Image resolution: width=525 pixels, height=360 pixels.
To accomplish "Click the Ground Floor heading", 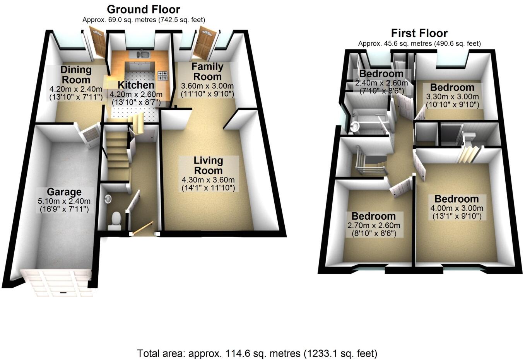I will pyautogui.click(x=144, y=9).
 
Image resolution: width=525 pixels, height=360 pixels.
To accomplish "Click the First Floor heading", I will pyautogui.click(x=419, y=33).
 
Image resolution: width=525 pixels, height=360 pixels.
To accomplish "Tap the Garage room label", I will pyautogui.click(x=64, y=192).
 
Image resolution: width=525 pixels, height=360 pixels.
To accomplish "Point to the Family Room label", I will pyautogui.click(x=207, y=72).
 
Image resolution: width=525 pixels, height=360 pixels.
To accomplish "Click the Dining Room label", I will pyautogui.click(x=76, y=75).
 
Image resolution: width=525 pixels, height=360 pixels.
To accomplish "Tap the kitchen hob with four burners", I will pyautogui.click(x=162, y=75).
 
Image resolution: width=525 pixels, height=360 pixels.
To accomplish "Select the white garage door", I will pyautogui.click(x=58, y=283).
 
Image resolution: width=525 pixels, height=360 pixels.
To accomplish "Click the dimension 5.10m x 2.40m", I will pyautogui.click(x=64, y=201).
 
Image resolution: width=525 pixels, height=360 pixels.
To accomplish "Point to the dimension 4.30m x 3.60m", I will pyautogui.click(x=208, y=180).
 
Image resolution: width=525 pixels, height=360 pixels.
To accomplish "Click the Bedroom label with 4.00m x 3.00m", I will pyautogui.click(x=457, y=199).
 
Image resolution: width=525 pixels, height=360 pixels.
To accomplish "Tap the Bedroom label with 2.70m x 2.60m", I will pyautogui.click(x=373, y=216).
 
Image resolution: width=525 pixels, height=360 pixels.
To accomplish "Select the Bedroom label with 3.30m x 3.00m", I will pyautogui.click(x=452, y=87).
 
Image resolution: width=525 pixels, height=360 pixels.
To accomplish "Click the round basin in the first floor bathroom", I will pyautogui.click(x=355, y=127).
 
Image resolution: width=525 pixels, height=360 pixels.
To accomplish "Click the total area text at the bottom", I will pyautogui.click(x=257, y=353).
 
